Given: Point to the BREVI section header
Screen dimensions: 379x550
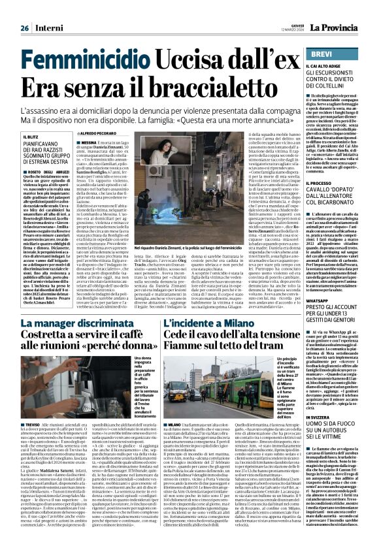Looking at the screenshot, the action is [x=322, y=53].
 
